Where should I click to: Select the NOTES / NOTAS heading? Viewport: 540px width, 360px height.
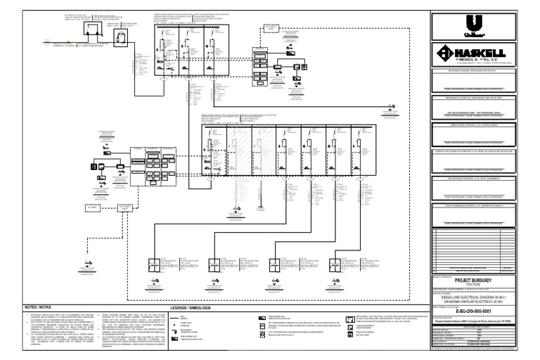(x=39, y=307)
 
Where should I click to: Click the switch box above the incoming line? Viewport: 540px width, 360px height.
(x=91, y=28)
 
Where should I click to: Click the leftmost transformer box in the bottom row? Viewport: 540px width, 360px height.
(x=157, y=267)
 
